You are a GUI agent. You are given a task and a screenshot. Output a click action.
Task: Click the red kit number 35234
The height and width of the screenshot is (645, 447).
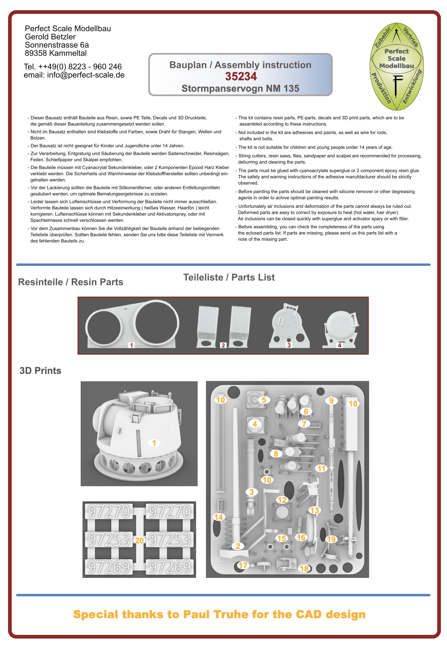pyautogui.click(x=241, y=76)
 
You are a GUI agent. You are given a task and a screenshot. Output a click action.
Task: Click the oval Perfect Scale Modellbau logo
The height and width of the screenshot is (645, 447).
pyautogui.click(x=397, y=66)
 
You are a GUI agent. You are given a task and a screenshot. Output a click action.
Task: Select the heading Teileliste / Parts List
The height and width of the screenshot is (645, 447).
pyautogui.click(x=229, y=277)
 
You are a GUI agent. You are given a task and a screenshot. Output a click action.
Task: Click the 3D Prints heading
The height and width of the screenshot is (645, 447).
pyautogui.click(x=40, y=371)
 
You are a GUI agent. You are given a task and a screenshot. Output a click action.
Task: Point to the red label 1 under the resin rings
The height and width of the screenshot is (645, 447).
pyautogui.click(x=131, y=345)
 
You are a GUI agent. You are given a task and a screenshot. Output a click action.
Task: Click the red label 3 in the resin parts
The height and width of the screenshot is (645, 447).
pyautogui.click(x=289, y=345)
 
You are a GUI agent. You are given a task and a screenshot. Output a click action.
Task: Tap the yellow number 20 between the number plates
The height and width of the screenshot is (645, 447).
pyautogui.click(x=139, y=540)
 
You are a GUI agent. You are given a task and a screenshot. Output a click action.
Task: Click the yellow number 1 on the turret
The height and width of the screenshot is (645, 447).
pyautogui.click(x=154, y=443)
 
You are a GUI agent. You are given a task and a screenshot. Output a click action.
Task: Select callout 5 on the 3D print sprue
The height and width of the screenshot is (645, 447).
pyautogui.click(x=264, y=400)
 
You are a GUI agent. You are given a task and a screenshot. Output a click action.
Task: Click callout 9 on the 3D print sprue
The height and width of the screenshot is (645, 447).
pyautogui.click(x=331, y=401)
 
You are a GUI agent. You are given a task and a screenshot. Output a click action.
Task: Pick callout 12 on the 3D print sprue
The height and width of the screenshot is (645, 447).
pyautogui.click(x=282, y=500)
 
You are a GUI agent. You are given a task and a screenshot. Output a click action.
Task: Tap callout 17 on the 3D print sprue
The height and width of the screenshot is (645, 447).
pyautogui.click(x=243, y=565)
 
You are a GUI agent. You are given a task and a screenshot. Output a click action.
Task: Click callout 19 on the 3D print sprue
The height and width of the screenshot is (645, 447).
pyautogui.click(x=331, y=539)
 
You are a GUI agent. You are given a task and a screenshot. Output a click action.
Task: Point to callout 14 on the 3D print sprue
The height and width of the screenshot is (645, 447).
pyautogui.click(x=219, y=517)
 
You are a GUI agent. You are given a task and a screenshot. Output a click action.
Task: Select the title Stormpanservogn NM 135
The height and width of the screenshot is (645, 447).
pyautogui.click(x=240, y=89)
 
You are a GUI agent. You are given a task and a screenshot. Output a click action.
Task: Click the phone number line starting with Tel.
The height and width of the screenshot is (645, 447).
pyautogui.click(x=73, y=67)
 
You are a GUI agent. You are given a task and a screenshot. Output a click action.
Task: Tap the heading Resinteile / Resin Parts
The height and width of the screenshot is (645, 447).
pyautogui.click(x=71, y=282)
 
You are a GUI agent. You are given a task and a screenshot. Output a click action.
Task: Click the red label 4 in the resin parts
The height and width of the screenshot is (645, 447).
pyautogui.click(x=340, y=345)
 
